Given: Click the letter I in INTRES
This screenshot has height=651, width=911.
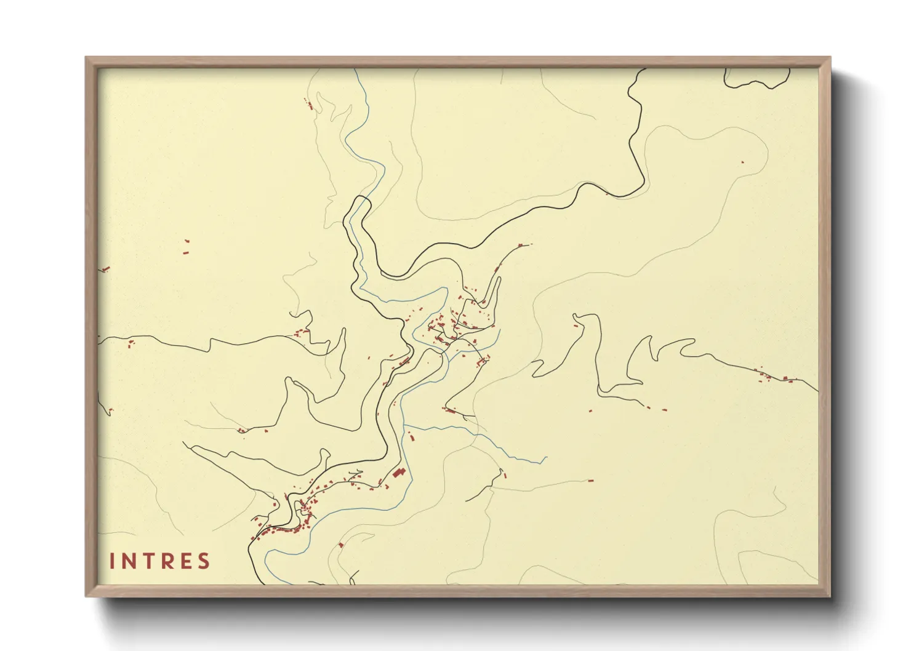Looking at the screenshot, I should (x=112, y=561).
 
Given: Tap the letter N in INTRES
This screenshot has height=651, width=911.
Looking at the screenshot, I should (x=128, y=561).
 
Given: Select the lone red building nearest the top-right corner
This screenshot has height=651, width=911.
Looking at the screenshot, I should (x=742, y=162).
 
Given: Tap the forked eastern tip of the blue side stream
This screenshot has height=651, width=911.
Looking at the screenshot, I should (x=545, y=459).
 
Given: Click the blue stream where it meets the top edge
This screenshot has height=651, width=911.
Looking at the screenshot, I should (x=355, y=70).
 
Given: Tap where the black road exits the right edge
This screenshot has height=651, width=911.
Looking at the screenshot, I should (x=817, y=391).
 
